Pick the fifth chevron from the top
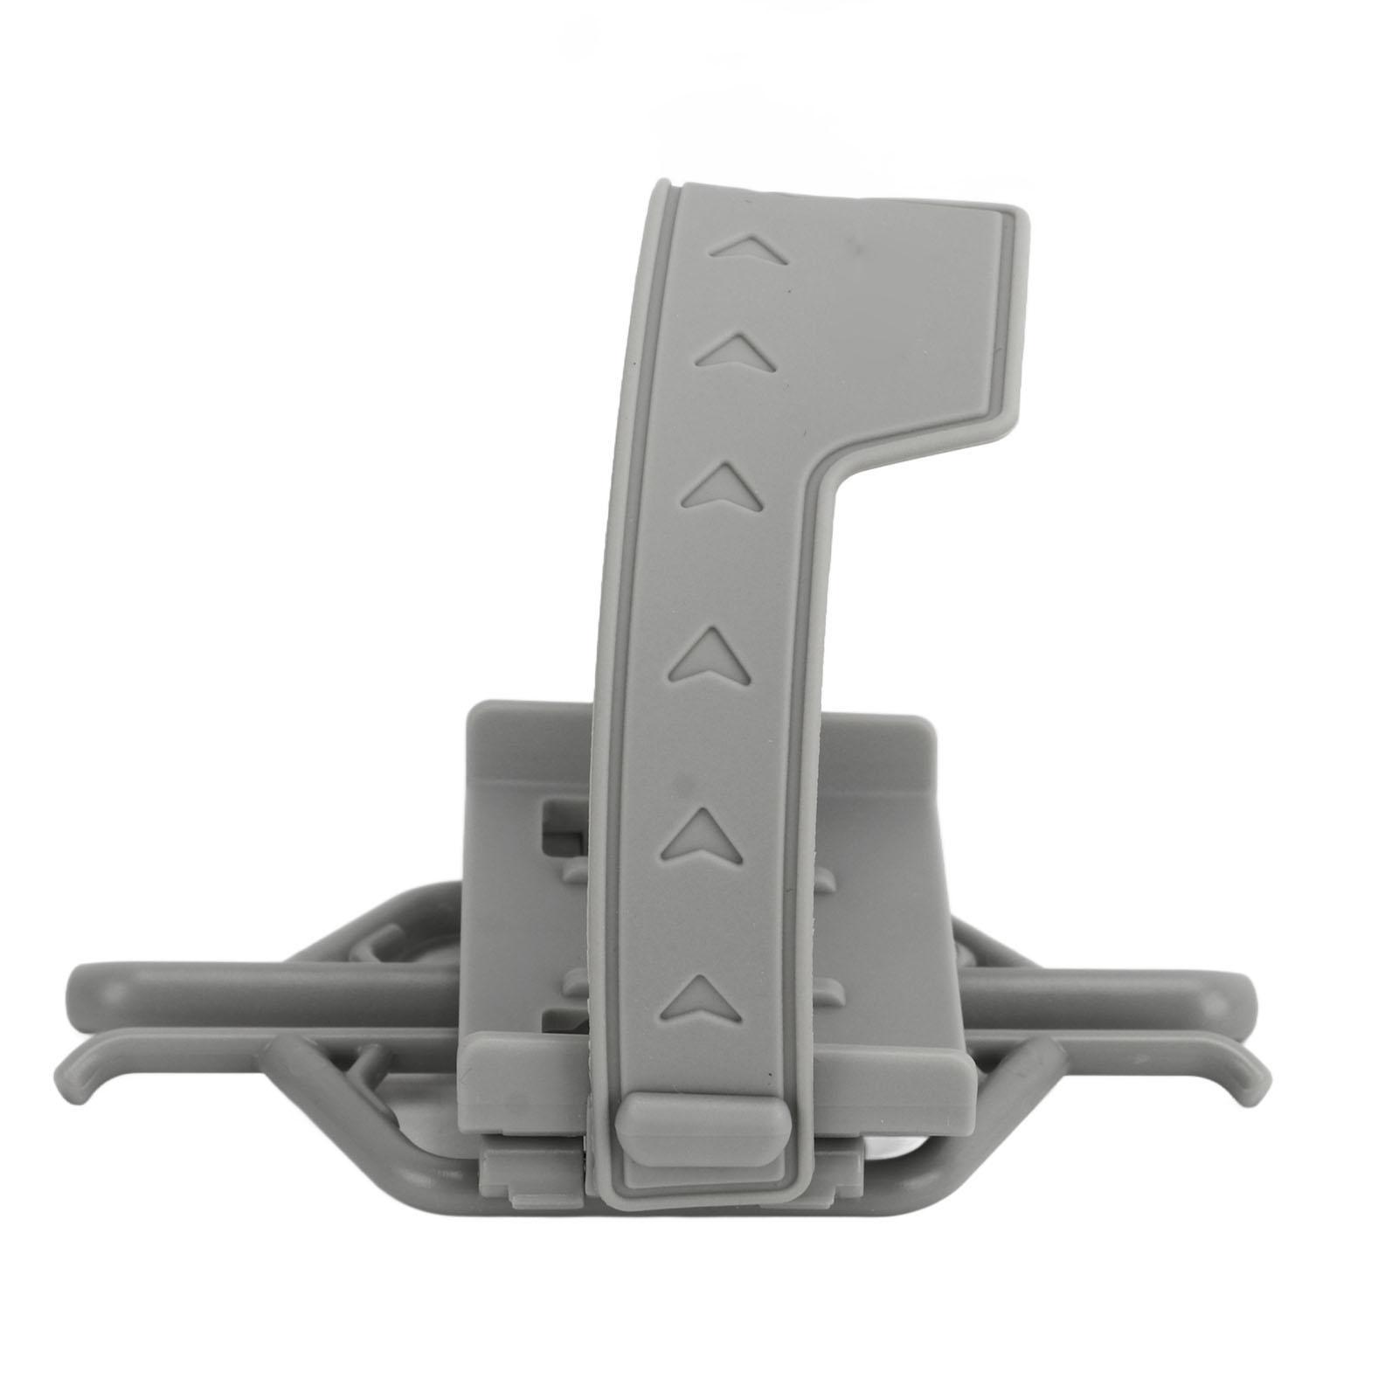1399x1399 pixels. click(700, 831)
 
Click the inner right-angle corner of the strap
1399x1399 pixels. click(826, 476)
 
